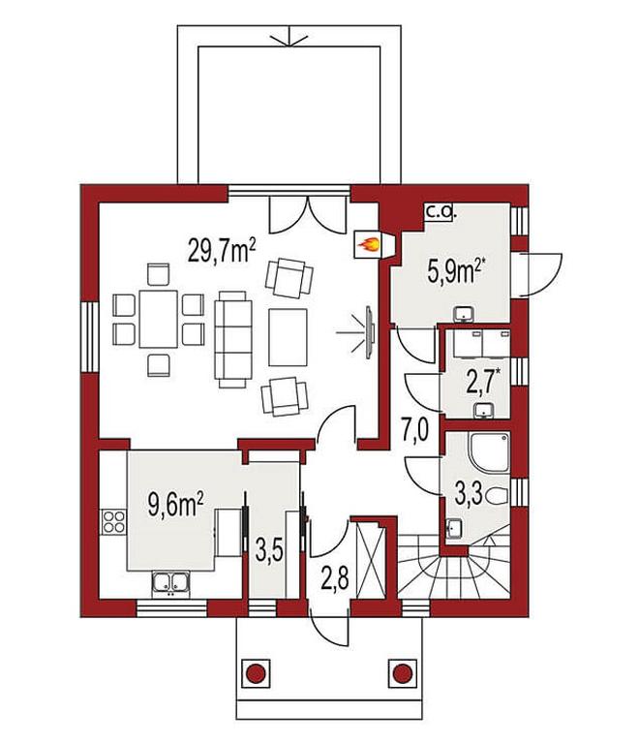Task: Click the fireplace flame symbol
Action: pos(369,245)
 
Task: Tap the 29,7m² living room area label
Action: pos(222,250)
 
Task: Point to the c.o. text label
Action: pos(441,212)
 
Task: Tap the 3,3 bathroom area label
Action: pos(469,494)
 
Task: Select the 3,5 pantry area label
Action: pos(269,550)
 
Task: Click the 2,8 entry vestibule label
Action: pos(336,576)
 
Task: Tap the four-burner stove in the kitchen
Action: pos(114,521)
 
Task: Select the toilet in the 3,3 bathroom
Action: pos(498,496)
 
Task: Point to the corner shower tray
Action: pos(490,452)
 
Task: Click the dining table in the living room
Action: pos(158,320)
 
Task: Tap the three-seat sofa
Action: pos(232,340)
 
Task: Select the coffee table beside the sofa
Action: pos(288,337)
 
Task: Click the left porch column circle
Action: pos(256,672)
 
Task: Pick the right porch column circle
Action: pos(403,672)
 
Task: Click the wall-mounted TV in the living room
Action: pos(369,331)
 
